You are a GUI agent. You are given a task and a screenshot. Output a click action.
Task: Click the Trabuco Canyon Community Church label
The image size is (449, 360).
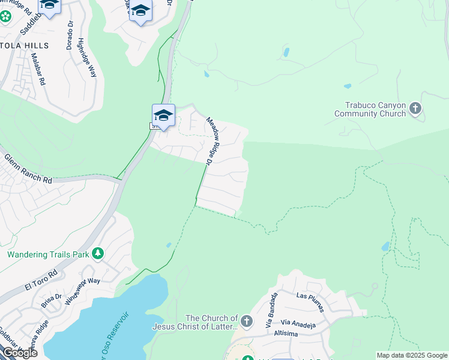[370, 109]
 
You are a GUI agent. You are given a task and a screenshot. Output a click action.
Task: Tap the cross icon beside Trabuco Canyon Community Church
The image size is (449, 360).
[415, 109]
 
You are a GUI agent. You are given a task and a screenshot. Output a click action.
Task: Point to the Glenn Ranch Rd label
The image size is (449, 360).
[28, 169]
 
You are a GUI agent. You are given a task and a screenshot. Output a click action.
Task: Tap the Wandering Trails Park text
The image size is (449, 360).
[48, 254]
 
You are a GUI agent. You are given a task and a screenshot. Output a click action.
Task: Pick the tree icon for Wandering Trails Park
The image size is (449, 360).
[97, 254]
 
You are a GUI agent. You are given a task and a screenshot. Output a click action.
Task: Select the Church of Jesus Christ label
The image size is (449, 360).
[195, 322]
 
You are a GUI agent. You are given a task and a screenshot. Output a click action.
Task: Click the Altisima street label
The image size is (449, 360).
[287, 332]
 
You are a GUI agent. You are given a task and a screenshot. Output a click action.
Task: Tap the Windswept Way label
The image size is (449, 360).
[82, 289]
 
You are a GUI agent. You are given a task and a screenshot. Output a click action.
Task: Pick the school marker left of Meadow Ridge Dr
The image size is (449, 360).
[163, 115]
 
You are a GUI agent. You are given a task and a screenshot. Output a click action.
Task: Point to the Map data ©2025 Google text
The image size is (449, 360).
[412, 355]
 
